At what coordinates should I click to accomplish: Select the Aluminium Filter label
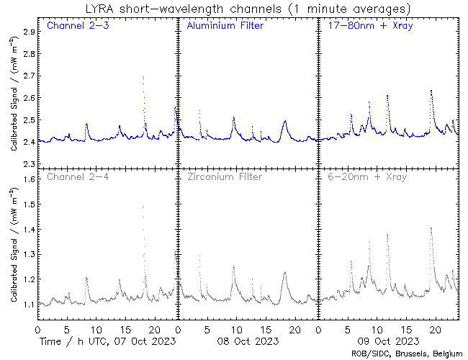(225, 27)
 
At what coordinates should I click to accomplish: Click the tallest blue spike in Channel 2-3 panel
(143, 77)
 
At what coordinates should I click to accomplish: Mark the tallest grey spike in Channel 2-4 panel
(143, 207)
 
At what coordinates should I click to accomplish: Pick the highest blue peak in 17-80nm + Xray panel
(431, 91)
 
